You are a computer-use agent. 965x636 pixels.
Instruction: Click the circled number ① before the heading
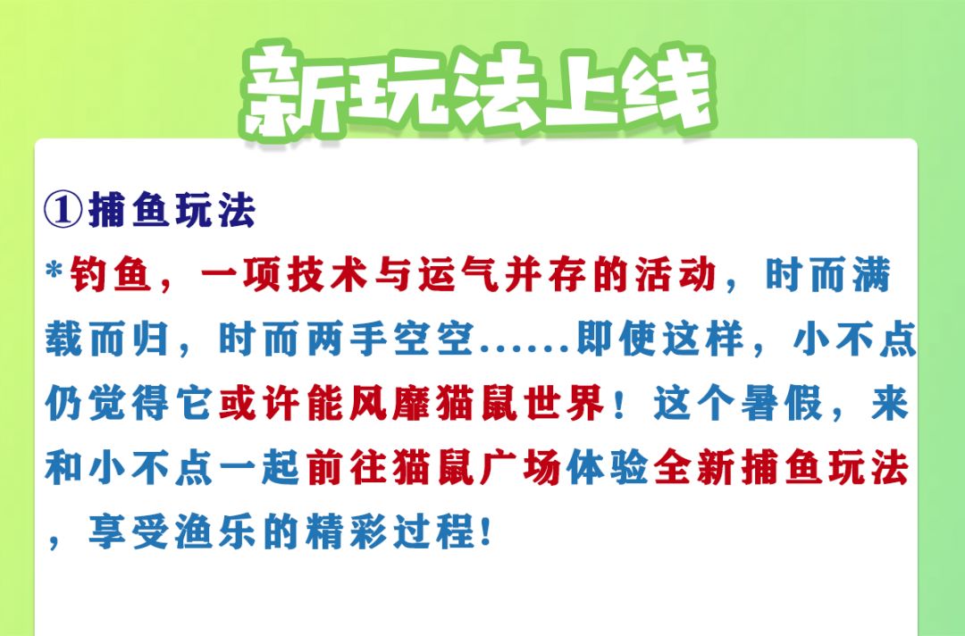point(63,209)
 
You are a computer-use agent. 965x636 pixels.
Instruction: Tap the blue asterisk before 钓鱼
point(55,270)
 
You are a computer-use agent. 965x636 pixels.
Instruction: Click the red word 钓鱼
point(111,274)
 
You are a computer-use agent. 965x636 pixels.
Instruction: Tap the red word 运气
point(457,274)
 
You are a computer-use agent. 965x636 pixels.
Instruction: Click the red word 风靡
point(391,404)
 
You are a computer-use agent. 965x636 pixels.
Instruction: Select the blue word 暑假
point(782,404)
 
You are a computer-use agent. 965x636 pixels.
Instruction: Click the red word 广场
point(522,468)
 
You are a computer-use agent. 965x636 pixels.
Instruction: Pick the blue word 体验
point(608,468)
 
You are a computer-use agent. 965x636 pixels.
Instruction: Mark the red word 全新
point(694,468)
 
